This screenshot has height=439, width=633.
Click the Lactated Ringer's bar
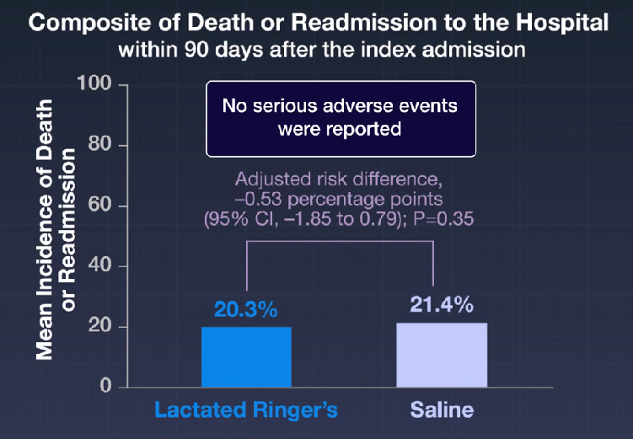(x=246, y=356)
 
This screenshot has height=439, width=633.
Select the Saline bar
(x=441, y=355)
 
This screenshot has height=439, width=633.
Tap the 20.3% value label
(x=244, y=311)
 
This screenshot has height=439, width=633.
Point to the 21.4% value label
(x=441, y=304)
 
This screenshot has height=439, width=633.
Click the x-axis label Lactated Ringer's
(x=246, y=411)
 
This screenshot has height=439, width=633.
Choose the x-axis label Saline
(x=442, y=411)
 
